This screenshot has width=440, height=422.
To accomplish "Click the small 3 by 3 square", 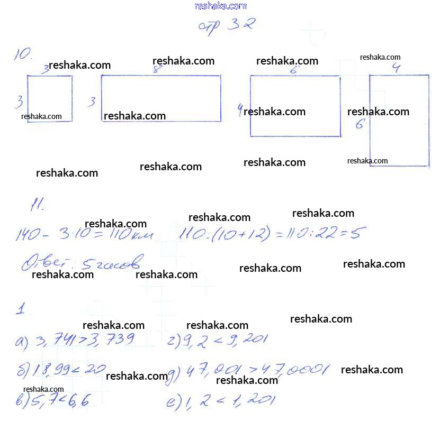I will pyautogui.click(x=50, y=99).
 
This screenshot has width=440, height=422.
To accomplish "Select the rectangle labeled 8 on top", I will pyautogui.click(x=161, y=98).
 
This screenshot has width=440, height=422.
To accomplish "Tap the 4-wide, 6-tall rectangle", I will pyautogui.click(x=399, y=121).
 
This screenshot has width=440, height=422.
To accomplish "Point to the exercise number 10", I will pyautogui.click(x=24, y=54).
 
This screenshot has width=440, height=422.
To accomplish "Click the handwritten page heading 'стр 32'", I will pyautogui.click(x=226, y=25).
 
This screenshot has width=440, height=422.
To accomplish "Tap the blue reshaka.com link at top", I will pyautogui.click(x=220, y=6).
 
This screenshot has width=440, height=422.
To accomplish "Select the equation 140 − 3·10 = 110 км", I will pyautogui.click(x=85, y=234).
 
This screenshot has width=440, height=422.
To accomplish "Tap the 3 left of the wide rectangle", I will pyautogui.click(x=92, y=101).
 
